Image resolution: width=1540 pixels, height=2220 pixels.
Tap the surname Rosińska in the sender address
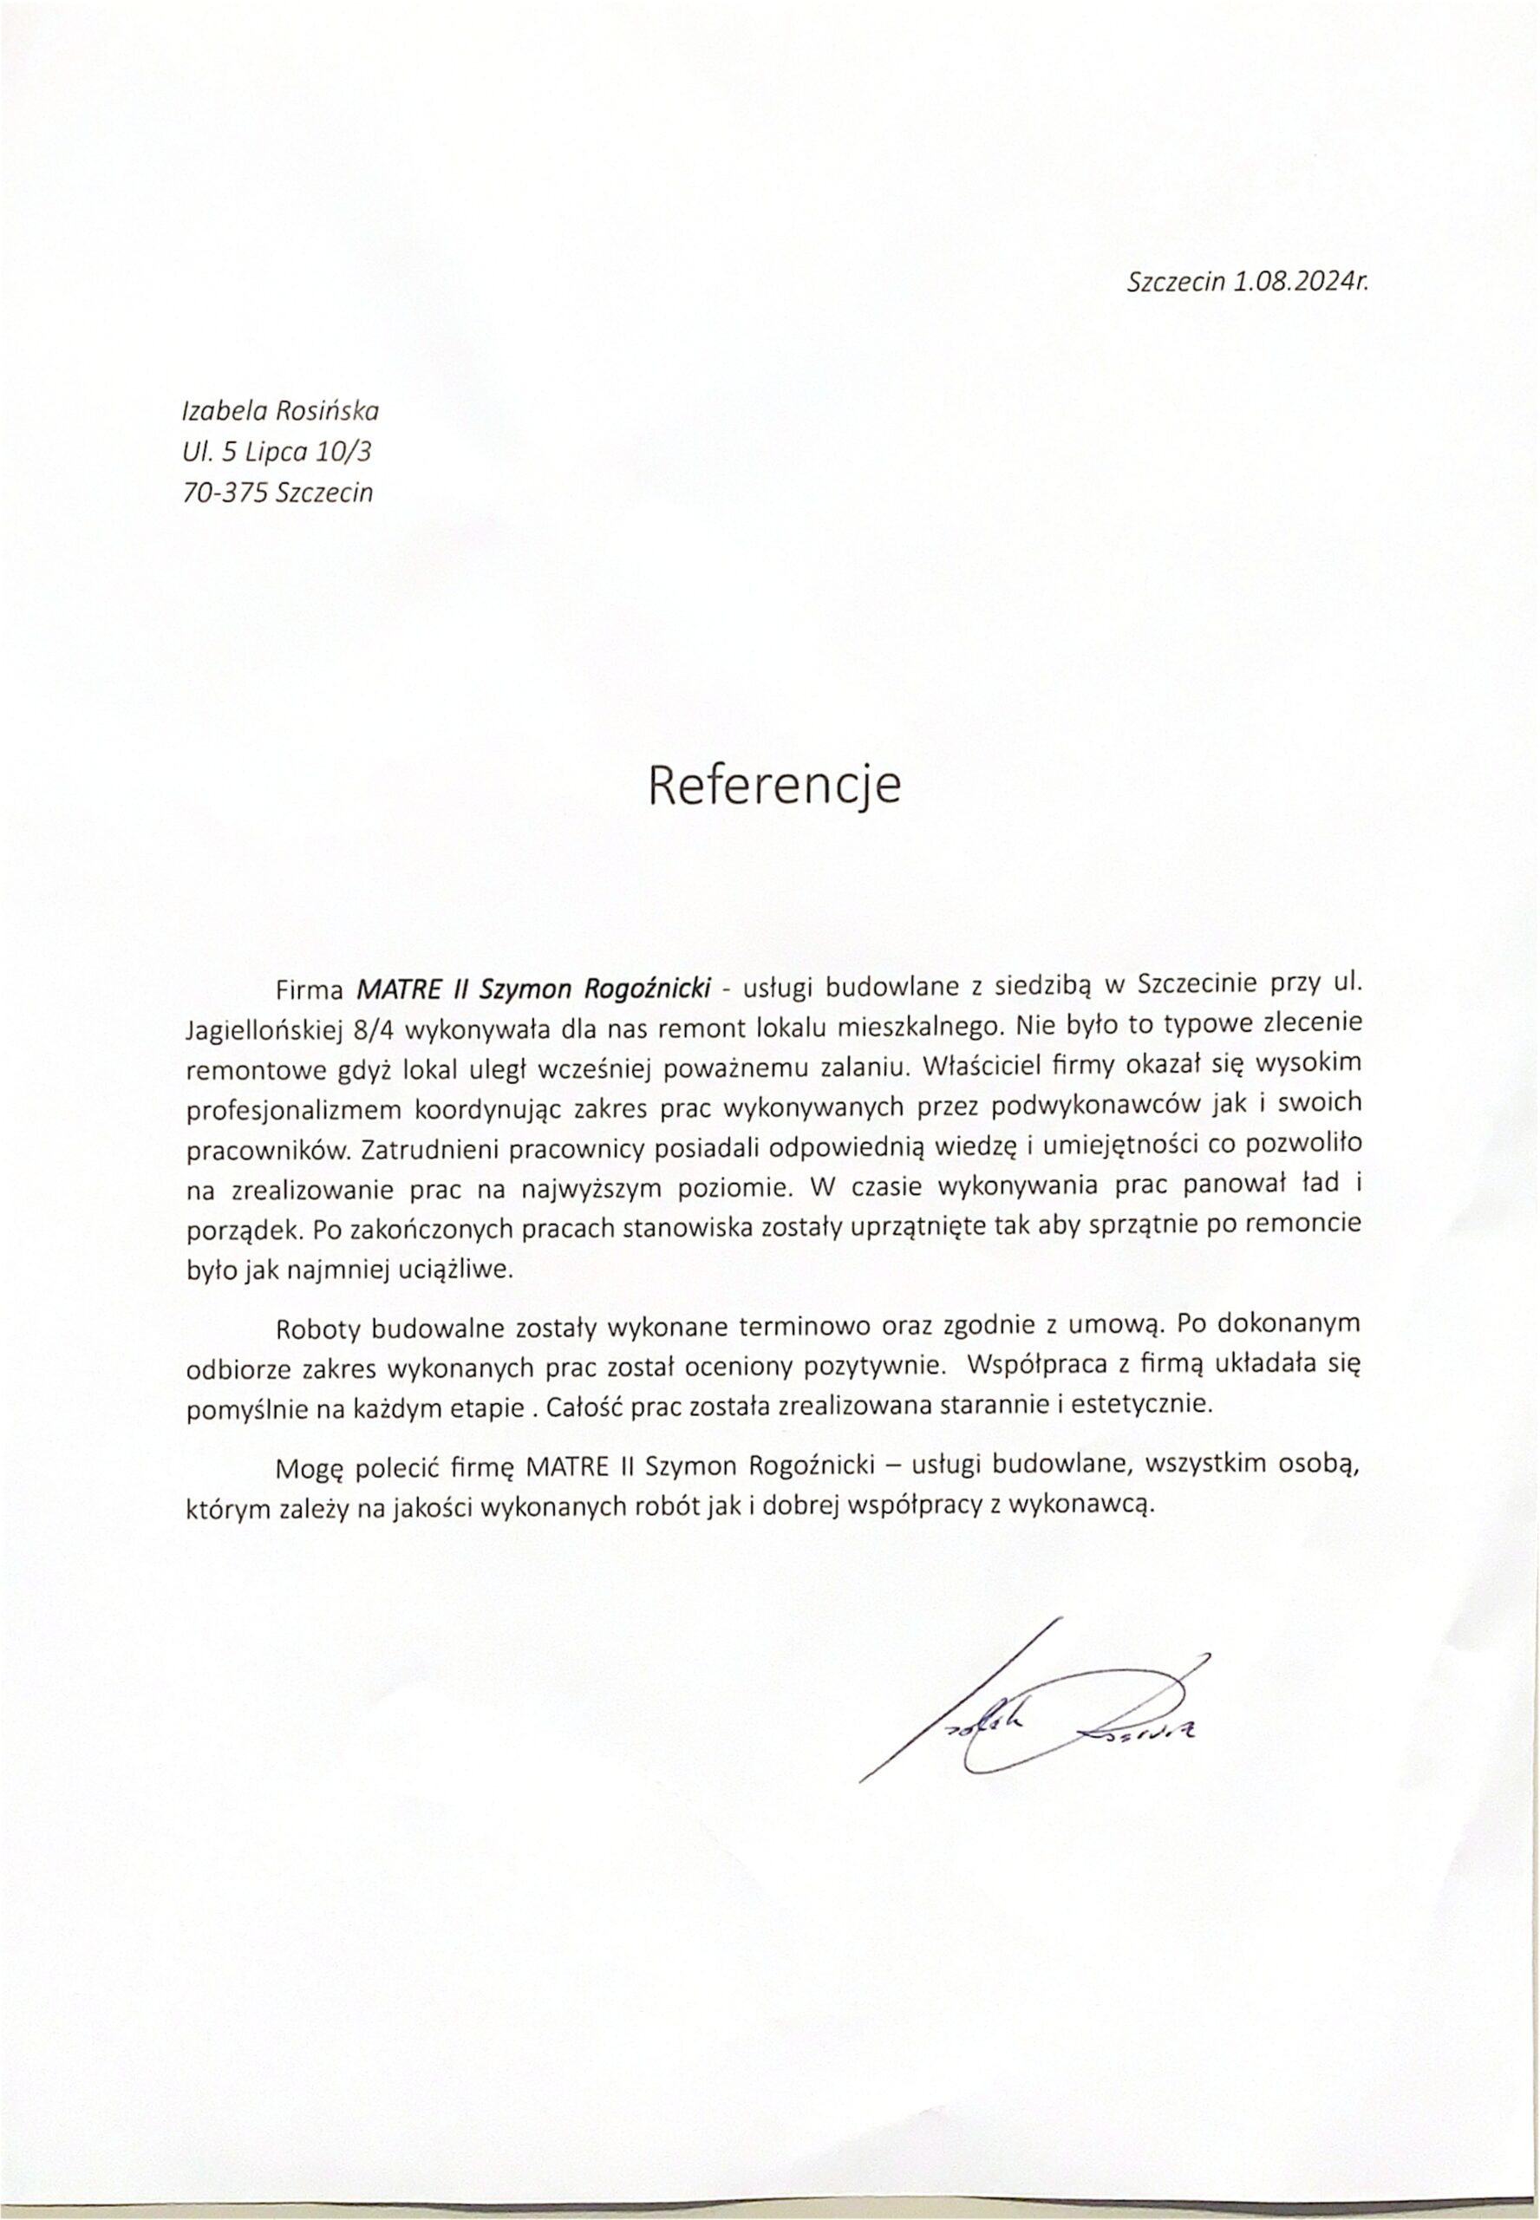tap(328, 411)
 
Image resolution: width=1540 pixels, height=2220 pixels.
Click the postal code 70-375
tap(224, 493)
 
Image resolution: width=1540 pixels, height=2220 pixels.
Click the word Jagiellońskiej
tap(264, 1028)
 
